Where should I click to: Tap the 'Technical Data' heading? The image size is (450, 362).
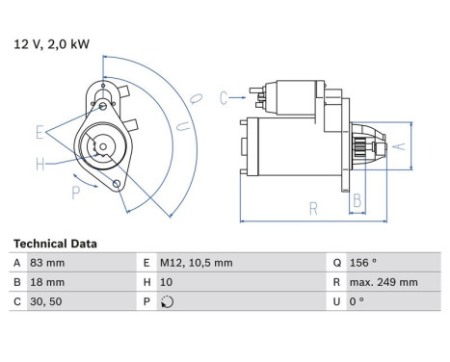pos(54,245)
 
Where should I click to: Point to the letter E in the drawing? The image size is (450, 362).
pos(40,131)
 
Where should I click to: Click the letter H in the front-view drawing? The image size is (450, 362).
pos(40,164)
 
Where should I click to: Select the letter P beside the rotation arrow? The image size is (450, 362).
pos(76,193)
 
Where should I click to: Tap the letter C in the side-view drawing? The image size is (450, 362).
pos(224,96)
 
